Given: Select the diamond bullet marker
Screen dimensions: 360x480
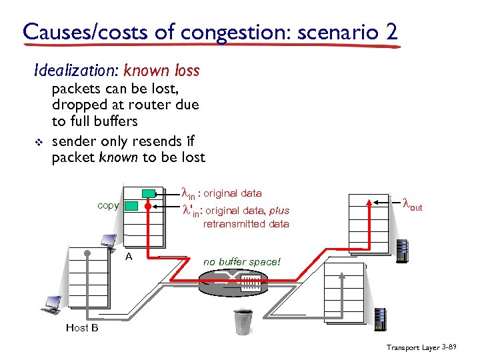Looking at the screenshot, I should (x=37, y=142).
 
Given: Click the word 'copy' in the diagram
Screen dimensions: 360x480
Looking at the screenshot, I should (x=108, y=205).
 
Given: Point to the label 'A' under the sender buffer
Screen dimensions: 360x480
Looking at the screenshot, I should (x=129, y=256).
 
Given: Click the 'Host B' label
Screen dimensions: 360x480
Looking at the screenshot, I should (x=82, y=327).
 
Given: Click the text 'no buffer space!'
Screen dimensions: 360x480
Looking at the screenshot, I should (x=242, y=262).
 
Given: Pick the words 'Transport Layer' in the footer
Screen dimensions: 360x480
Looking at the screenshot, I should (x=414, y=347).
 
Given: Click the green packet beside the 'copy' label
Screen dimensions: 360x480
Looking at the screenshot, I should (x=131, y=206).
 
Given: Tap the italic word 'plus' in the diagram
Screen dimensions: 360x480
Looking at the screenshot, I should (x=279, y=211).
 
